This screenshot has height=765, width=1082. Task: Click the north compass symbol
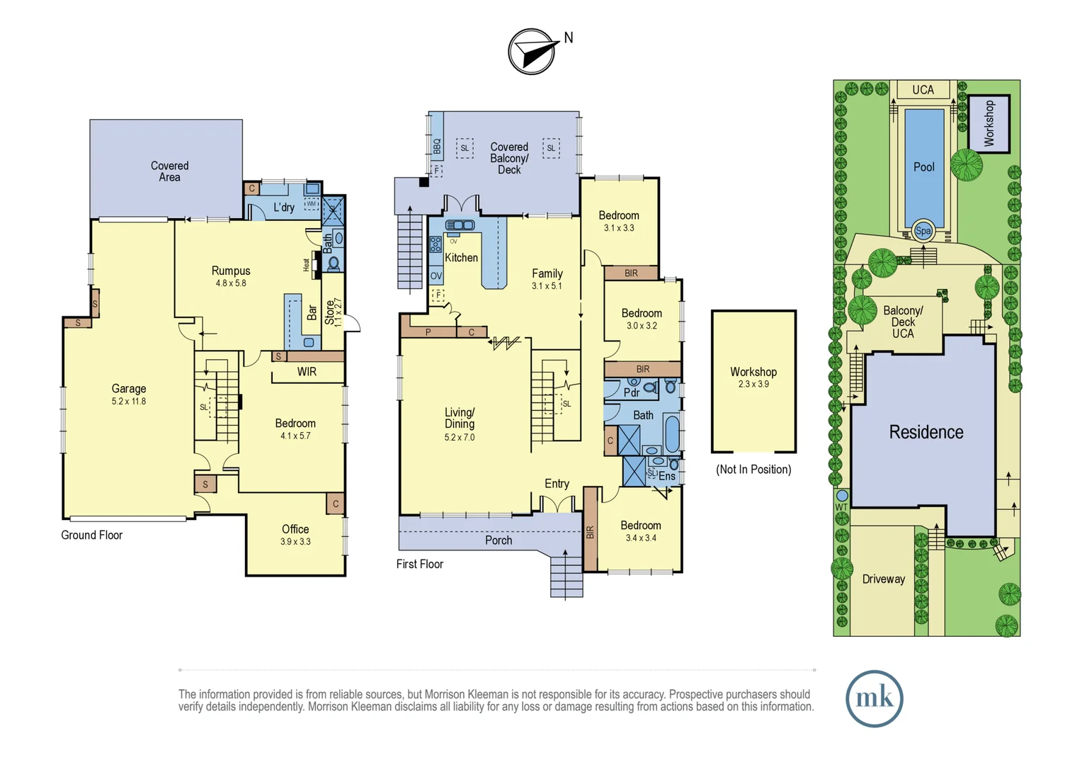pos(531,51)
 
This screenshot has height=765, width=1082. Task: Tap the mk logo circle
pos(875,698)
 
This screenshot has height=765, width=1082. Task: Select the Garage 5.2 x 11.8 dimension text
pos(128,401)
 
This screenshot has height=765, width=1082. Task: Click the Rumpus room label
pos(231,271)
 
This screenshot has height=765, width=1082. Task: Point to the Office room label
pos(295,529)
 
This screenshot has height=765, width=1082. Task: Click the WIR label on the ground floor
pos(307,372)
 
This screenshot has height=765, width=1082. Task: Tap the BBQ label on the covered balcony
pos(437,147)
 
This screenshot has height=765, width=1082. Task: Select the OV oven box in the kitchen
pos(436,276)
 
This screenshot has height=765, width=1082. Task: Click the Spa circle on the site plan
pos(923,231)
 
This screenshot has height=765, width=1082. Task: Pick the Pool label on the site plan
pos(923,167)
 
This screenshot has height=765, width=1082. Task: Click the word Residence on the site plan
pos(926,432)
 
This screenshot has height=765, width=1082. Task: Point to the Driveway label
pos(884,579)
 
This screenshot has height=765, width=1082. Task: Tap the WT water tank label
pos(841,507)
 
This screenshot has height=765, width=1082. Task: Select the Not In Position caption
pos(753,469)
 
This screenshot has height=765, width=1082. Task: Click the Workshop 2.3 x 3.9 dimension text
pos(753,384)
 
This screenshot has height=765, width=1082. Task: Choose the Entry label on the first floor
pos(557,484)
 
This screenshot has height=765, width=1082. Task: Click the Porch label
pos(499,540)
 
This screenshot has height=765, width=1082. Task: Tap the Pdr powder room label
pos(632,392)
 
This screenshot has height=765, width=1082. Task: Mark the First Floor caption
pos(420,564)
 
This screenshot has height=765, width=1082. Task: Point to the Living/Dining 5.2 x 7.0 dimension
pos(460,437)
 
